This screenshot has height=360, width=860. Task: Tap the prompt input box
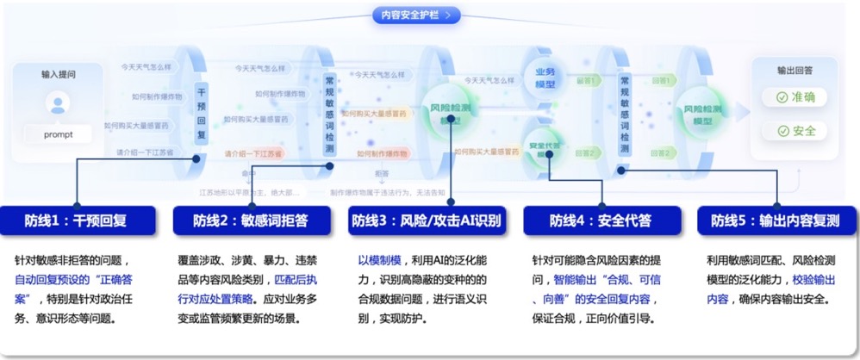tap(59, 134)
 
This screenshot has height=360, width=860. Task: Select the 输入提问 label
tap(59, 74)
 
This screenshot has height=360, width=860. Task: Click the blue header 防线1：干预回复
tap(78, 220)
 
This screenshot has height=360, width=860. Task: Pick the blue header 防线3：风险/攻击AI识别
tap(426, 220)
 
